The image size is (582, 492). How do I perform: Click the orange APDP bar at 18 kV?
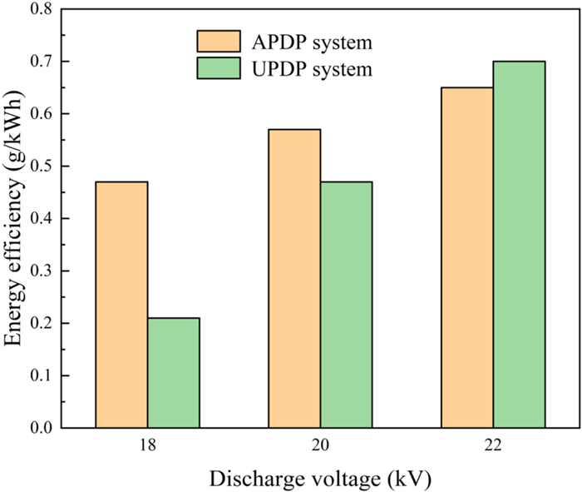pyautogui.click(x=121, y=305)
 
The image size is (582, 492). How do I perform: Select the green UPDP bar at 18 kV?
pyautogui.click(x=173, y=373)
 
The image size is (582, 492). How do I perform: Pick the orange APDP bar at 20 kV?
pyautogui.click(x=294, y=279)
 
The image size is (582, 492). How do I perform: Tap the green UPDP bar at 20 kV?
pyautogui.click(x=346, y=305)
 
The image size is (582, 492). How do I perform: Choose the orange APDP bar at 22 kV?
pyautogui.click(x=467, y=258)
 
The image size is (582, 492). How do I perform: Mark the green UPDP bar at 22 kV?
pyautogui.click(x=519, y=245)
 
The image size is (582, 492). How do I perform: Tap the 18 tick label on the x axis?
pyautogui.click(x=147, y=446)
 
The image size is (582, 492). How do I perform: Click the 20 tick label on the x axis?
pyautogui.click(x=320, y=446)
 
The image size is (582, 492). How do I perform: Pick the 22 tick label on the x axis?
pyautogui.click(x=493, y=446)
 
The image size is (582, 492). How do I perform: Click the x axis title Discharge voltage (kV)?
pyautogui.click(x=320, y=479)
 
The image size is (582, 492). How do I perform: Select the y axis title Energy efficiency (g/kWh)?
pyautogui.click(x=14, y=218)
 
